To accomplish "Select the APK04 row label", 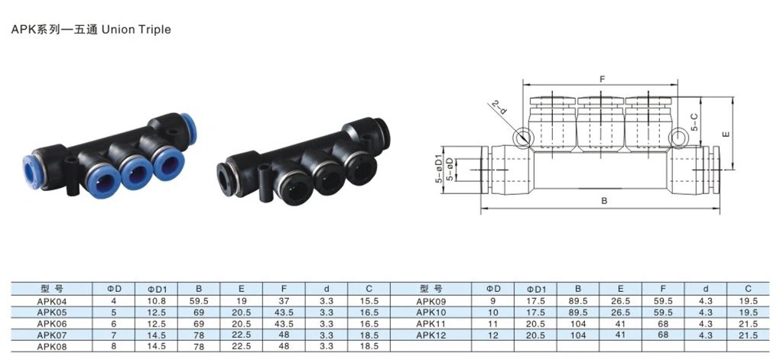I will (51, 300).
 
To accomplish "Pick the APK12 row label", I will (431, 335).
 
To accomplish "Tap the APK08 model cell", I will (51, 346).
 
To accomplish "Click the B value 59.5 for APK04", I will (199, 300).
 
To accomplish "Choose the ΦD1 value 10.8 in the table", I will (156, 300).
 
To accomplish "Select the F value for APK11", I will (663, 323).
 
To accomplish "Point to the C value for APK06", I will (369, 323).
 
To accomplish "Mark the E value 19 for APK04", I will (241, 300).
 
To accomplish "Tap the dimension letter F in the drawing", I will (603, 79).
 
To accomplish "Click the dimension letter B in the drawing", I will (603, 201).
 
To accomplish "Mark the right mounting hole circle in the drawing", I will (677, 138).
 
